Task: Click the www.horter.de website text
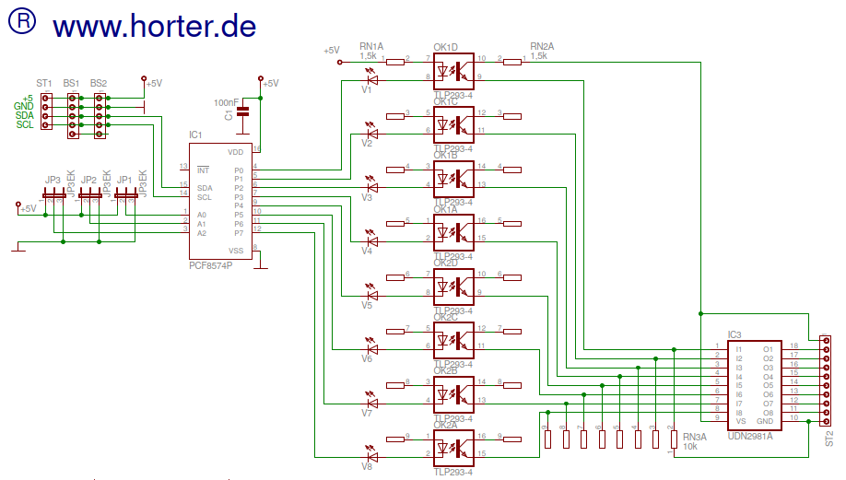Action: click(x=154, y=25)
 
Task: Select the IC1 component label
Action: click(x=195, y=135)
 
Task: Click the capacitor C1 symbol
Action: click(x=242, y=111)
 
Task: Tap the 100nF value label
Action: click(x=227, y=101)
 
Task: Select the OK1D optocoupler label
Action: click(x=445, y=47)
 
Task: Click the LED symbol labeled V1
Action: click(x=371, y=79)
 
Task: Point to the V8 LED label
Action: click(x=367, y=467)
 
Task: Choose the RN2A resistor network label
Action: click(x=542, y=46)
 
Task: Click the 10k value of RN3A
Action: click(x=692, y=446)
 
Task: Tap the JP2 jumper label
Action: click(x=88, y=180)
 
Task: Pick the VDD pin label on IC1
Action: click(x=236, y=151)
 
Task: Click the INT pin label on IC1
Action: click(x=203, y=170)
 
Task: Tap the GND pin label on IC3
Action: click(x=765, y=421)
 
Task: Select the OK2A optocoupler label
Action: click(x=445, y=425)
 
